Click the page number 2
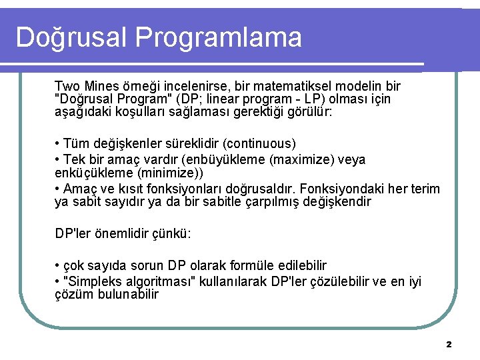[449, 345]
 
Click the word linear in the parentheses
[247, 99]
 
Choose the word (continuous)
[259, 143]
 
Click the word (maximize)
[307, 160]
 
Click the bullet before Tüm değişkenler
[58, 144]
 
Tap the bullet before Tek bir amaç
[58, 160]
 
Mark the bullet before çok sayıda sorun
[58, 265]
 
